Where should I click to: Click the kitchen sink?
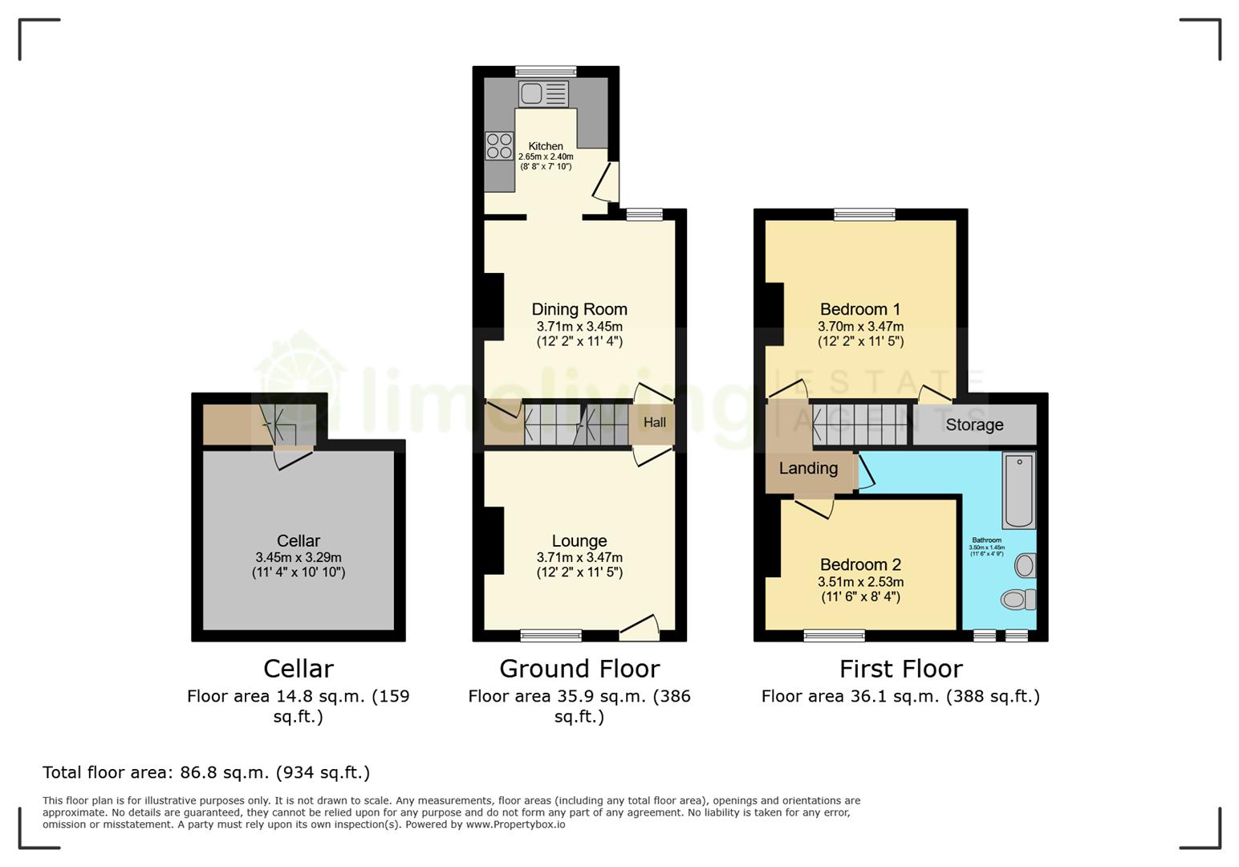coord(543,94)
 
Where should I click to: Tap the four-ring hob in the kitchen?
coord(499,146)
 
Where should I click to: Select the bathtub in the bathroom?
coord(1019,490)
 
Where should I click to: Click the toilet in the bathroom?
coord(1018,599)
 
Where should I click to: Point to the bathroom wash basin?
coord(1025,566)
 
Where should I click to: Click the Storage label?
coord(974,425)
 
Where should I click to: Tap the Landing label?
coord(808,468)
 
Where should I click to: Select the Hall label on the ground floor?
coord(654,422)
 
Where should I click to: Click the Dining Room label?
coord(579,309)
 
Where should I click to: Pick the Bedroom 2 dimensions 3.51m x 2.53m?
coord(860,582)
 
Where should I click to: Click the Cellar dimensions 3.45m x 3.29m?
coord(299,557)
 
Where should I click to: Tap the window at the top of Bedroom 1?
coord(864,214)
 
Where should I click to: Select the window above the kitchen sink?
coord(546,71)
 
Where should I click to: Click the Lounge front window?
coord(550,636)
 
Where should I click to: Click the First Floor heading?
coord(900,669)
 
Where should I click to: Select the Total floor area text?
coord(206,772)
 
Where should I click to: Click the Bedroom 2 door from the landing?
coord(814,507)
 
